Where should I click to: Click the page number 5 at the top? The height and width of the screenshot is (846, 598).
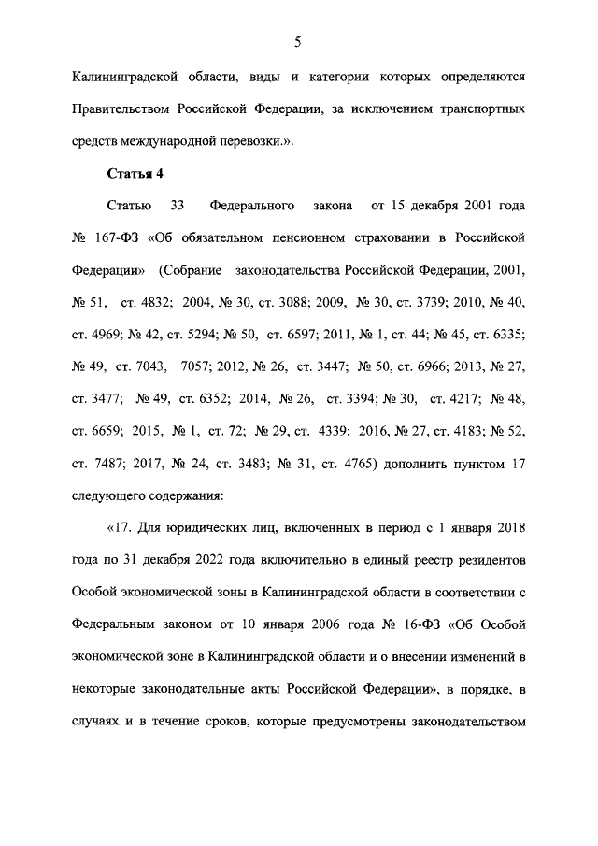pos(297,41)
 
